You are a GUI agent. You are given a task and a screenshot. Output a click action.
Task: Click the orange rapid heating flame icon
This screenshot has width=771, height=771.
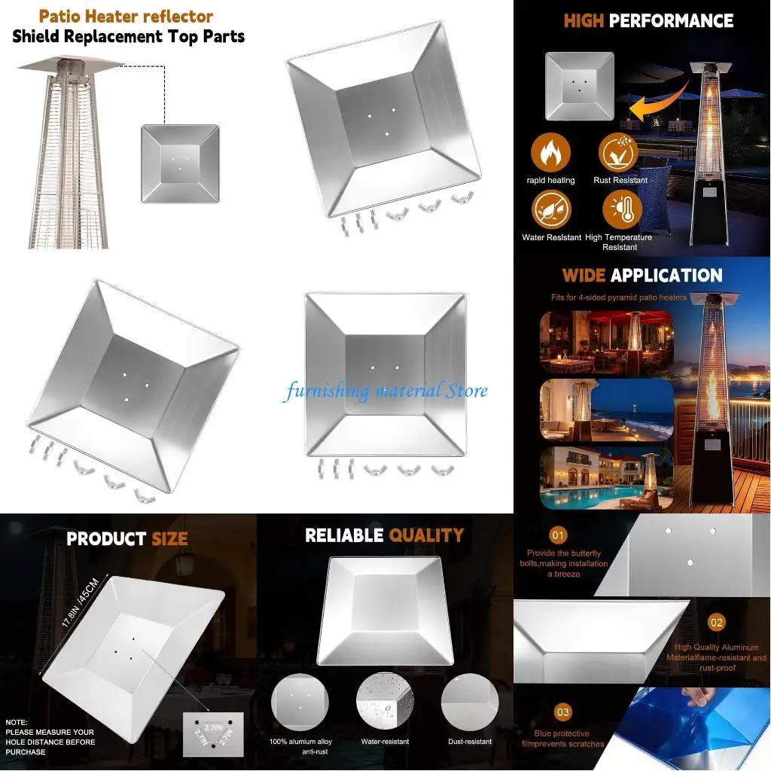pos(550,153)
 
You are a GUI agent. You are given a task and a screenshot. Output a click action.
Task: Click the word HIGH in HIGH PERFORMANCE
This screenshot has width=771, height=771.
pos(584,20)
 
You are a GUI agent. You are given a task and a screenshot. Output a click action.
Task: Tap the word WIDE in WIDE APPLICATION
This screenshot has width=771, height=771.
pos(584,276)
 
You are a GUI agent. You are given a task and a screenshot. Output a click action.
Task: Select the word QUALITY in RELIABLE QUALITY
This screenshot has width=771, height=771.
pos(425,535)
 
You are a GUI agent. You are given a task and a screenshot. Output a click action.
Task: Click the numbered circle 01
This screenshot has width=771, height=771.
pos(558,535)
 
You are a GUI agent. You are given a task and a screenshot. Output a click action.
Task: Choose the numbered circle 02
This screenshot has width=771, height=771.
pos(716,622)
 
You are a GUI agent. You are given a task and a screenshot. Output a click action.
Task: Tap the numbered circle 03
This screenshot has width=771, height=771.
pos(563,712)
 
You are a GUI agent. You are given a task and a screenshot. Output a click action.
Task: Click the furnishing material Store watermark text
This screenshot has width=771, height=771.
pos(385,391)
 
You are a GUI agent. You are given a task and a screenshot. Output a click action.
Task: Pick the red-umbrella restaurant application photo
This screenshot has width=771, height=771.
pos(606,343)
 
